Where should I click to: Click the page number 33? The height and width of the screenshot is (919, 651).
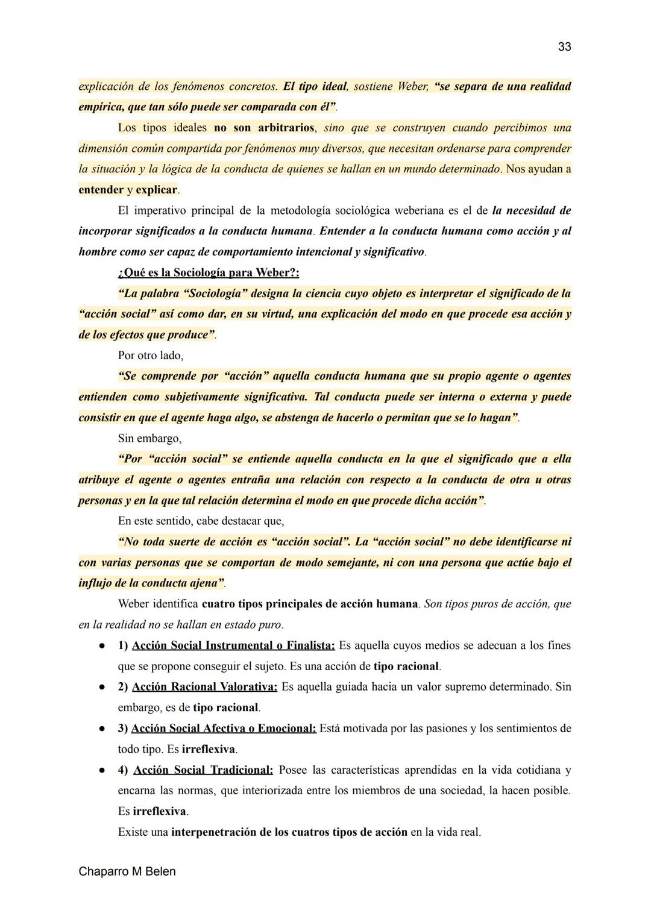pos(564,47)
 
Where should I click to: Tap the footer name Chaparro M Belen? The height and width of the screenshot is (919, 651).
pos(127,871)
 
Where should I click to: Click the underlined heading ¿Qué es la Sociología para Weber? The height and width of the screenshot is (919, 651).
pos(209,272)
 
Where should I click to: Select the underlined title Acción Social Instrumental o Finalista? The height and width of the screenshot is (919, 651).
pos(233,645)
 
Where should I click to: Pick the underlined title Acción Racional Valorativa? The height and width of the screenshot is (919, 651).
pos(204,687)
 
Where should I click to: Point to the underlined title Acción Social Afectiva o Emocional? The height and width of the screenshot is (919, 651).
pos(224,729)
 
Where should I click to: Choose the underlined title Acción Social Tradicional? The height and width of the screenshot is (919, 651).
pos(203,770)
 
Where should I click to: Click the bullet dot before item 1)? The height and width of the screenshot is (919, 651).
pos(103,646)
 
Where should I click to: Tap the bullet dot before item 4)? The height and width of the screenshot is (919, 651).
pos(103,771)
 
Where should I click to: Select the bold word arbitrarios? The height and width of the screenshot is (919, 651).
pos(286,128)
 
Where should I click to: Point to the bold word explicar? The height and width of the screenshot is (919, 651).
pos(156,190)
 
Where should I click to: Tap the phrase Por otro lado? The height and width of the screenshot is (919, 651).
pos(150,356)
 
